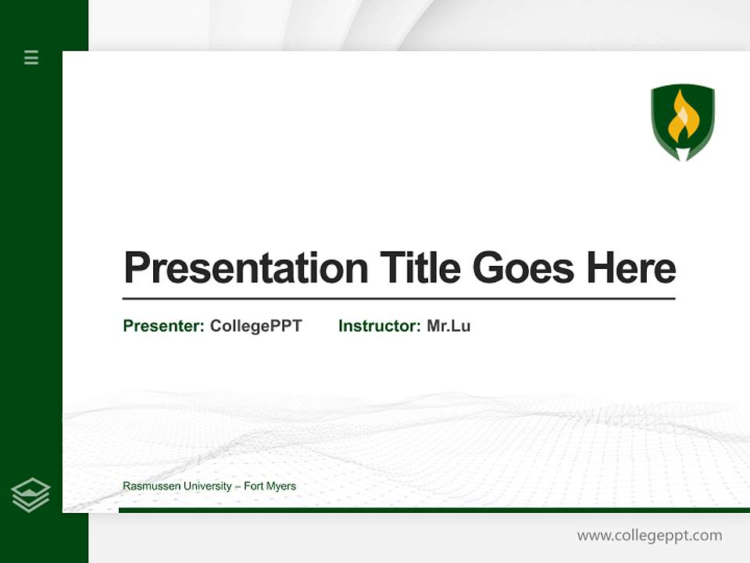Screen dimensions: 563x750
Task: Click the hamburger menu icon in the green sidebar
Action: [31, 57]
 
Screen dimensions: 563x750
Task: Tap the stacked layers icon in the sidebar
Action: [30, 495]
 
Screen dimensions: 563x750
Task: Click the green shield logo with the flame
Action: [683, 122]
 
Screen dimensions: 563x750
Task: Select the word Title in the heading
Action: [420, 268]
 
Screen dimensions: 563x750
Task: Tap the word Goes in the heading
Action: [523, 268]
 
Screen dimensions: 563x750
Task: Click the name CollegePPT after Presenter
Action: [256, 326]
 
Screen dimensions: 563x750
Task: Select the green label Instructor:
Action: [380, 326]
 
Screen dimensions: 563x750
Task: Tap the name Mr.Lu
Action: [448, 326]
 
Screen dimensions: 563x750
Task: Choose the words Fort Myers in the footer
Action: [270, 486]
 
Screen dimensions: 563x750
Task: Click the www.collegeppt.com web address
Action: [649, 536]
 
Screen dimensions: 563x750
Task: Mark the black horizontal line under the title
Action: [398, 299]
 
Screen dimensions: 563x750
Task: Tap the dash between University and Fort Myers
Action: [238, 486]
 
